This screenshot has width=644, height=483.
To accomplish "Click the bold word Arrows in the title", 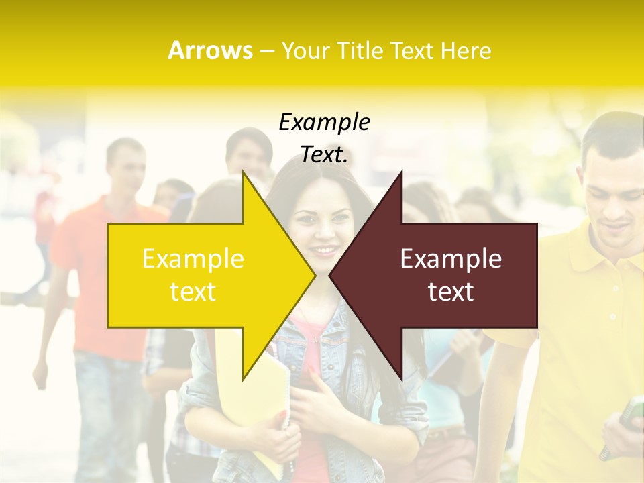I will click(x=210, y=51).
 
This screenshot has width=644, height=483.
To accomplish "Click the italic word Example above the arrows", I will click(x=324, y=122).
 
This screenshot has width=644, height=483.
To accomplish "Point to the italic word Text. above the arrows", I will click(x=324, y=155).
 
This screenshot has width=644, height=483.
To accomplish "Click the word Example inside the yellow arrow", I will click(x=193, y=259).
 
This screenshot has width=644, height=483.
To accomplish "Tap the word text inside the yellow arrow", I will click(x=193, y=292).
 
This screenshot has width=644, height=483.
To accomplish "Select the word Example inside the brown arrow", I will click(x=451, y=259).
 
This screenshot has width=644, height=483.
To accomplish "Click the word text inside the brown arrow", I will click(x=451, y=292).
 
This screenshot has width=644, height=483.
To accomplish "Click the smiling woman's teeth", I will click(x=324, y=251).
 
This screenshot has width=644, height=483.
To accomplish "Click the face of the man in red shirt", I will click(x=127, y=164).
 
